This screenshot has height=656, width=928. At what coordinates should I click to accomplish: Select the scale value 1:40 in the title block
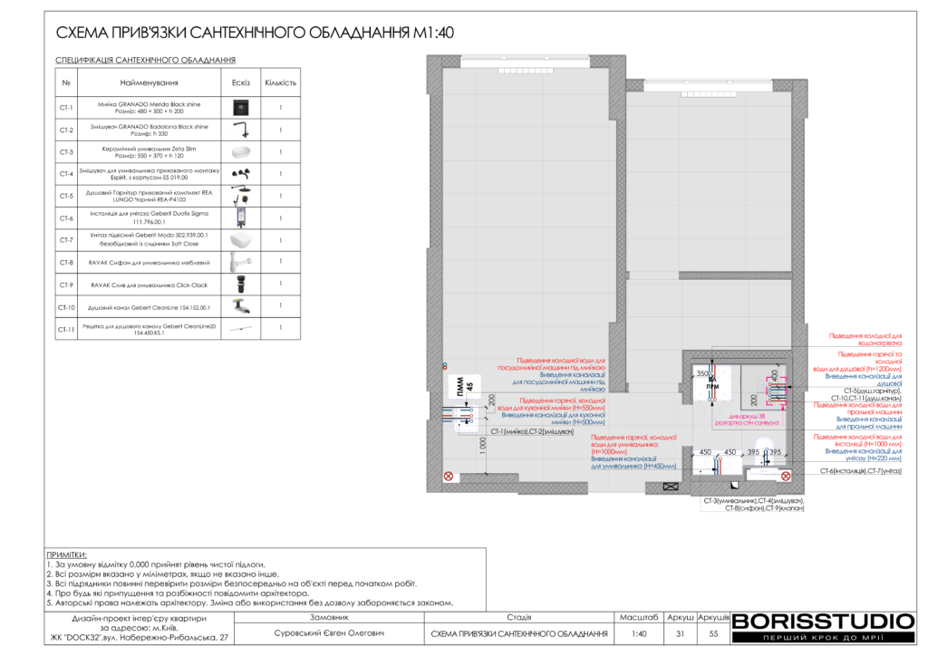639,633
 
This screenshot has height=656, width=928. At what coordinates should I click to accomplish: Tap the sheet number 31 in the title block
680,633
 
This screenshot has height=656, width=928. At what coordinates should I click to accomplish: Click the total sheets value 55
713,633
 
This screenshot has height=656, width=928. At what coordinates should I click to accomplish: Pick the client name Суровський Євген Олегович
330,633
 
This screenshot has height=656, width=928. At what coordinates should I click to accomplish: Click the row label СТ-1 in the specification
66,108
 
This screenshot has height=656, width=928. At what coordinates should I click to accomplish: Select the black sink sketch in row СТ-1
240,108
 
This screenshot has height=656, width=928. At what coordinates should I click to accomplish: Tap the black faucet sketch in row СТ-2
240,130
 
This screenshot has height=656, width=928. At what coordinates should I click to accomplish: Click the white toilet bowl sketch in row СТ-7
240,241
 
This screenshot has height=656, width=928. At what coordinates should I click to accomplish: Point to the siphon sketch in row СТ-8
240,263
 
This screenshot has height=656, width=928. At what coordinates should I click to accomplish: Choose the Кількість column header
280,82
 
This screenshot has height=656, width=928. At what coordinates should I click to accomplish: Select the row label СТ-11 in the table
66,330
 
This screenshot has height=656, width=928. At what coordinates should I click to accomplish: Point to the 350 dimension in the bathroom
701,373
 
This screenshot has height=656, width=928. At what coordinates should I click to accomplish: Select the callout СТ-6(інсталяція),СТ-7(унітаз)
861,471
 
